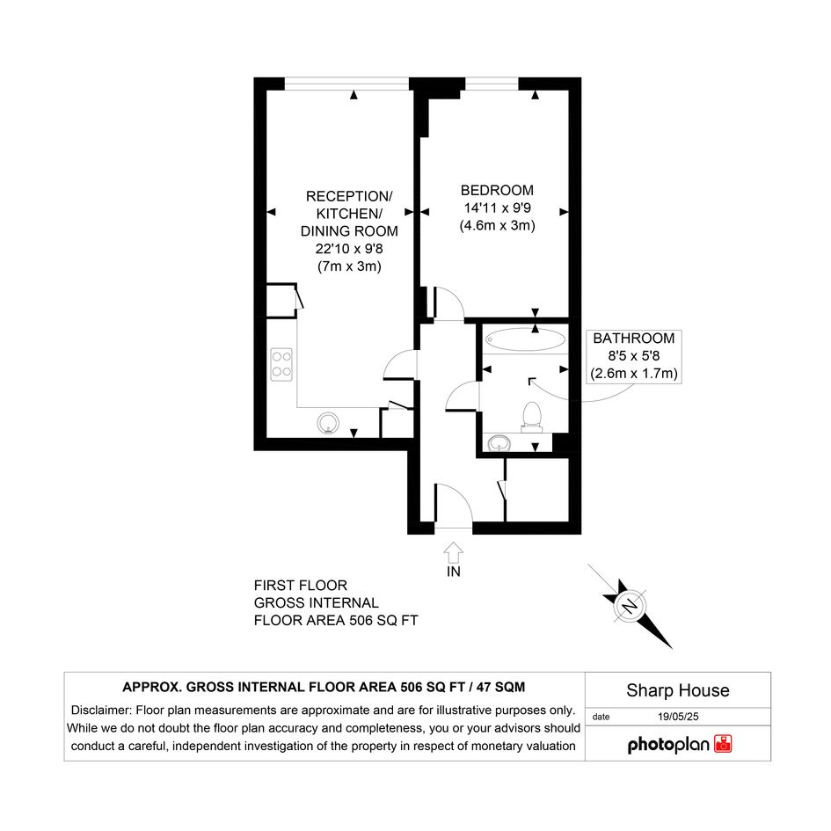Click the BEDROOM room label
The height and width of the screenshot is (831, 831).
(x=497, y=190)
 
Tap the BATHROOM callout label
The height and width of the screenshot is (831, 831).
(x=634, y=339)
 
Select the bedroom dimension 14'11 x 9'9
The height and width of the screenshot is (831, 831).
(x=497, y=208)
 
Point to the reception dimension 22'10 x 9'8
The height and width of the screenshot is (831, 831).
(x=349, y=249)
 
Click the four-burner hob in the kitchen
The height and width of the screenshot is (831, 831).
(x=281, y=364)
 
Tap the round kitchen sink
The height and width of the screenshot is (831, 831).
(x=328, y=424)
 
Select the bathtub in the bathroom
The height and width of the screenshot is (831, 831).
(x=525, y=339)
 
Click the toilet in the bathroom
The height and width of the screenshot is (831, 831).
(x=531, y=415)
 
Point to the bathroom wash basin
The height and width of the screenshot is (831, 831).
(x=499, y=442)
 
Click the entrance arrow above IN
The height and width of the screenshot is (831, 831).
(x=453, y=552)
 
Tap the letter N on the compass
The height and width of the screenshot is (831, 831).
(x=630, y=606)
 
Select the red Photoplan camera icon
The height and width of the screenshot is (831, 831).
(x=723, y=744)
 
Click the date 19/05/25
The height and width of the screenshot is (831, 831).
(x=678, y=717)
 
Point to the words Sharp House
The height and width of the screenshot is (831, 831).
(x=678, y=690)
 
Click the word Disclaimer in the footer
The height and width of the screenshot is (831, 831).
(x=101, y=711)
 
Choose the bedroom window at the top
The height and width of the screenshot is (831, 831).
(x=492, y=84)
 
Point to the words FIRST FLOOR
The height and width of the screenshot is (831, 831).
(x=301, y=586)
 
